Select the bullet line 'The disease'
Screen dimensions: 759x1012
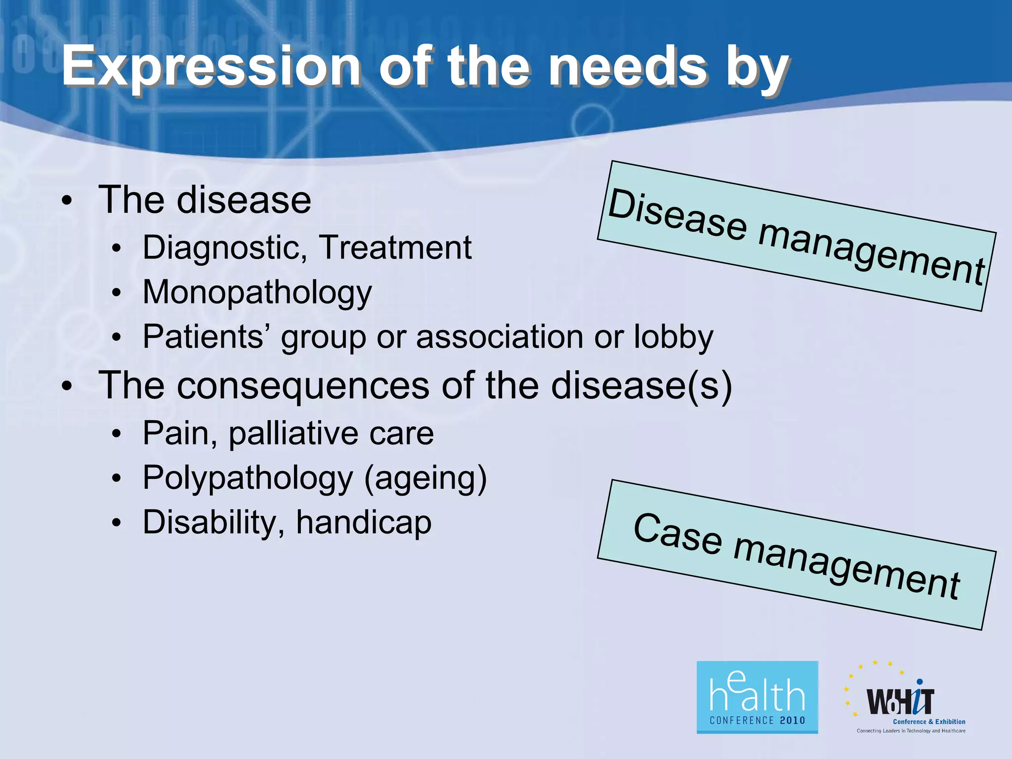(x=205, y=200)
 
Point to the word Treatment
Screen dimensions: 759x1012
(x=395, y=247)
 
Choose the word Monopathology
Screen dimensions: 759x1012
(x=257, y=292)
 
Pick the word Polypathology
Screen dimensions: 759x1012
(x=248, y=478)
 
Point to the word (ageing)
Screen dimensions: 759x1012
(x=425, y=478)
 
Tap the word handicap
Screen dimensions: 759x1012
(x=364, y=522)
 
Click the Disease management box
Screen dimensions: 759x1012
(x=796, y=236)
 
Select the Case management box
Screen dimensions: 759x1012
(x=796, y=555)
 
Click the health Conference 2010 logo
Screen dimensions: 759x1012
(x=757, y=697)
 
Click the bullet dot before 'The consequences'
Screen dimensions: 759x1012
(x=67, y=387)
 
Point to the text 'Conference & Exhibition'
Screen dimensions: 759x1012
(x=929, y=721)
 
